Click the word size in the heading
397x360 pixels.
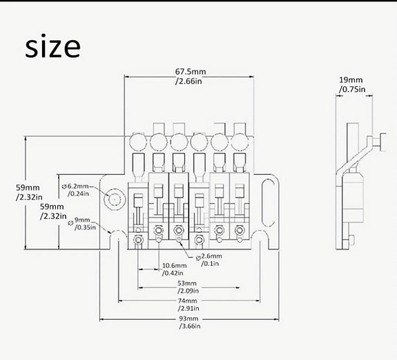point(52,47)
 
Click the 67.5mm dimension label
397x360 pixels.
point(191,71)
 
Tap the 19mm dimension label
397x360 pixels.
point(351,79)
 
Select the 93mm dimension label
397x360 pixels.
point(188,319)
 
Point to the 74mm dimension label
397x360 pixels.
point(187,301)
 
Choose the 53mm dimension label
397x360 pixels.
point(187,283)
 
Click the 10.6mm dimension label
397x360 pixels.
point(175,265)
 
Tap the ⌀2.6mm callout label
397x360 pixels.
point(209,256)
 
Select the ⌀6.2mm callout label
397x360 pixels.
point(75,186)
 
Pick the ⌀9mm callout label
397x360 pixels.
point(79,220)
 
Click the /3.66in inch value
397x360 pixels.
point(190,326)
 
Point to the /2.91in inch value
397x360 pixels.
point(188,308)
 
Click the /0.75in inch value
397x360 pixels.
point(352,89)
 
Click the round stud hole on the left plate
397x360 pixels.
point(115,200)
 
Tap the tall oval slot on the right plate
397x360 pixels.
point(269,202)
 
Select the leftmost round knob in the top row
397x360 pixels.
point(138,142)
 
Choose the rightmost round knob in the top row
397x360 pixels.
point(240,142)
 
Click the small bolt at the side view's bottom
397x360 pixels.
point(351,240)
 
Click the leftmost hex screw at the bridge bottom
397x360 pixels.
point(138,239)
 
